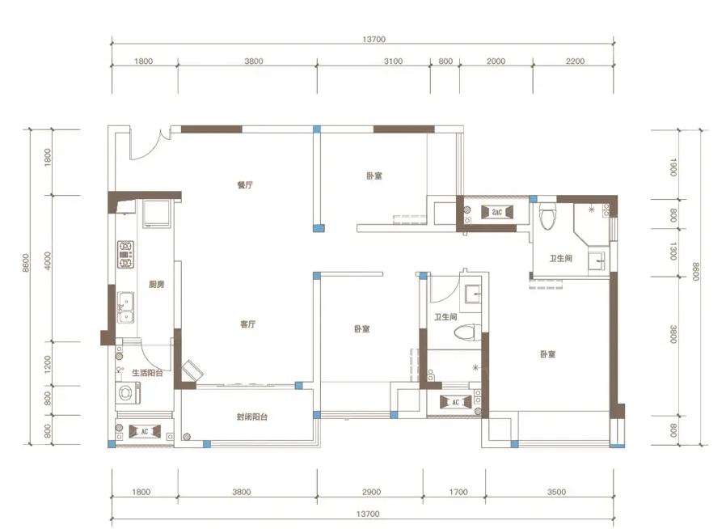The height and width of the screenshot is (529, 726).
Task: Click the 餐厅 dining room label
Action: (245, 184)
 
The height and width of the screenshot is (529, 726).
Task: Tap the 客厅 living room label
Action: (247, 324)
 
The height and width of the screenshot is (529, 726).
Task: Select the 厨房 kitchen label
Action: (157, 284)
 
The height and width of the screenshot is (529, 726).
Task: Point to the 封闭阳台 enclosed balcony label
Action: (252, 417)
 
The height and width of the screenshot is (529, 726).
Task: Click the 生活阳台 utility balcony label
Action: (147, 372)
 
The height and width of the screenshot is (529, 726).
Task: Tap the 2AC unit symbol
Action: (497, 212)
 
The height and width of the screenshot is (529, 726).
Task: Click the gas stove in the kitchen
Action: (125, 254)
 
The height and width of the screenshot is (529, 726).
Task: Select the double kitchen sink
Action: (125, 307)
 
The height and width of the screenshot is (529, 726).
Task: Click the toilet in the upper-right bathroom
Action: (547, 215)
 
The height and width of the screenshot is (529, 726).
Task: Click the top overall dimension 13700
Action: (374, 40)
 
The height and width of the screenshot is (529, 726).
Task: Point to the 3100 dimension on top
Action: (393, 61)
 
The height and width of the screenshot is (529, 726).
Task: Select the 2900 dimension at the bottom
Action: (371, 492)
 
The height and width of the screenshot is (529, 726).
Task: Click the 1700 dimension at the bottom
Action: (458, 492)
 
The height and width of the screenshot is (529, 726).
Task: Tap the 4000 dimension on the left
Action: (48, 260)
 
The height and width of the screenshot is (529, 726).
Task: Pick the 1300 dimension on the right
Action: (673, 251)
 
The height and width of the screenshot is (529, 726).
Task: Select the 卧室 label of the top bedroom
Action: (374, 176)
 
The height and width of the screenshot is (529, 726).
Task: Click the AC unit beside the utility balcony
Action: (145, 431)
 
